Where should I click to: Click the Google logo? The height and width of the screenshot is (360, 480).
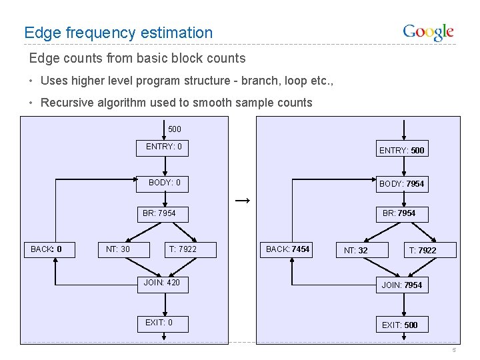pyautogui.click(x=428, y=32)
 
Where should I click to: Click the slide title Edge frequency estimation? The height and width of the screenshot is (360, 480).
pyautogui.click(x=118, y=32)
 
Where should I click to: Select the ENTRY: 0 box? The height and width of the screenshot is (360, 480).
pyautogui.click(x=164, y=147)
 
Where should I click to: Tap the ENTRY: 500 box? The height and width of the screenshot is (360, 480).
pyautogui.click(x=401, y=150)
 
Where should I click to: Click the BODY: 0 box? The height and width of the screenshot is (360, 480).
pyautogui.click(x=164, y=183)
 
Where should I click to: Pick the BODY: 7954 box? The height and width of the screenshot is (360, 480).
pyautogui.click(x=401, y=183)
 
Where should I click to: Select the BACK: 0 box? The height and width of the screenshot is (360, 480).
pyautogui.click(x=47, y=249)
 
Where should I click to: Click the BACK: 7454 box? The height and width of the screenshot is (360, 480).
pyautogui.click(x=288, y=249)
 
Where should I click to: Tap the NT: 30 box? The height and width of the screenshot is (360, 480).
pyautogui.click(x=118, y=249)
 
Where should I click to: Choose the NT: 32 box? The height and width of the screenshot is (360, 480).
pyautogui.click(x=355, y=250)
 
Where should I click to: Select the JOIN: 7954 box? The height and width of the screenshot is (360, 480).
pyautogui.click(x=401, y=285)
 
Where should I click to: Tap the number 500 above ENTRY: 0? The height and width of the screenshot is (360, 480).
pyautogui.click(x=174, y=129)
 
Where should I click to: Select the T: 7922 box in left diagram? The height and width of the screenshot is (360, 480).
pyautogui.click(x=182, y=249)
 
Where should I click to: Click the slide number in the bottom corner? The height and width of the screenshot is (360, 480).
pyautogui.click(x=453, y=351)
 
